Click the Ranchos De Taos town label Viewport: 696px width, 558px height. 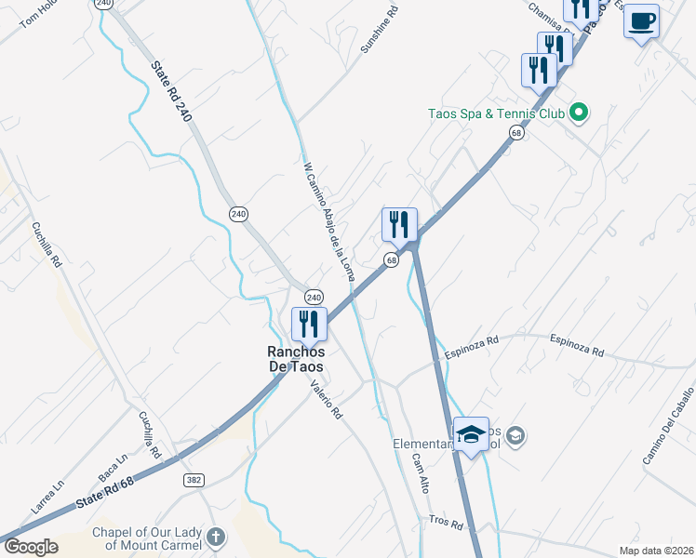(296, 360)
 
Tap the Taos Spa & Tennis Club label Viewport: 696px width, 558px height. (496, 114)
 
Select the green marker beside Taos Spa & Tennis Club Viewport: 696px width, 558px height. (579, 113)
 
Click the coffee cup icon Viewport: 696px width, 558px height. (641, 20)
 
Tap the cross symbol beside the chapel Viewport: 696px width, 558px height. (216, 538)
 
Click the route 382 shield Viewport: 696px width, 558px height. (194, 479)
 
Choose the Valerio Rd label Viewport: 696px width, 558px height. (328, 401)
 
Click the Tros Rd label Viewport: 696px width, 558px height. (446, 523)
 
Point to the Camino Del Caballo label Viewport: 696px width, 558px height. (668, 427)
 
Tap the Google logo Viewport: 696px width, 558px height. (31, 546)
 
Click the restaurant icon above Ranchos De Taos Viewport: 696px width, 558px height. (308, 325)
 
